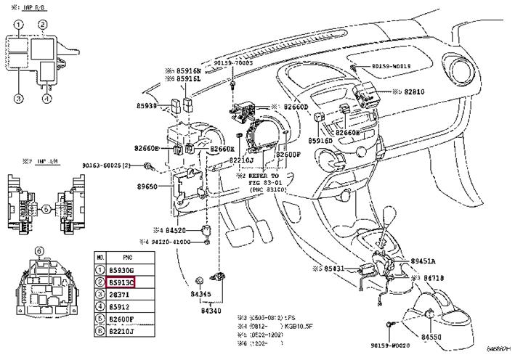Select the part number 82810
point(418,93)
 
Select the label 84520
point(174,230)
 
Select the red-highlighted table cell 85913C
point(121,281)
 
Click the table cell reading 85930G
point(121,269)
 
